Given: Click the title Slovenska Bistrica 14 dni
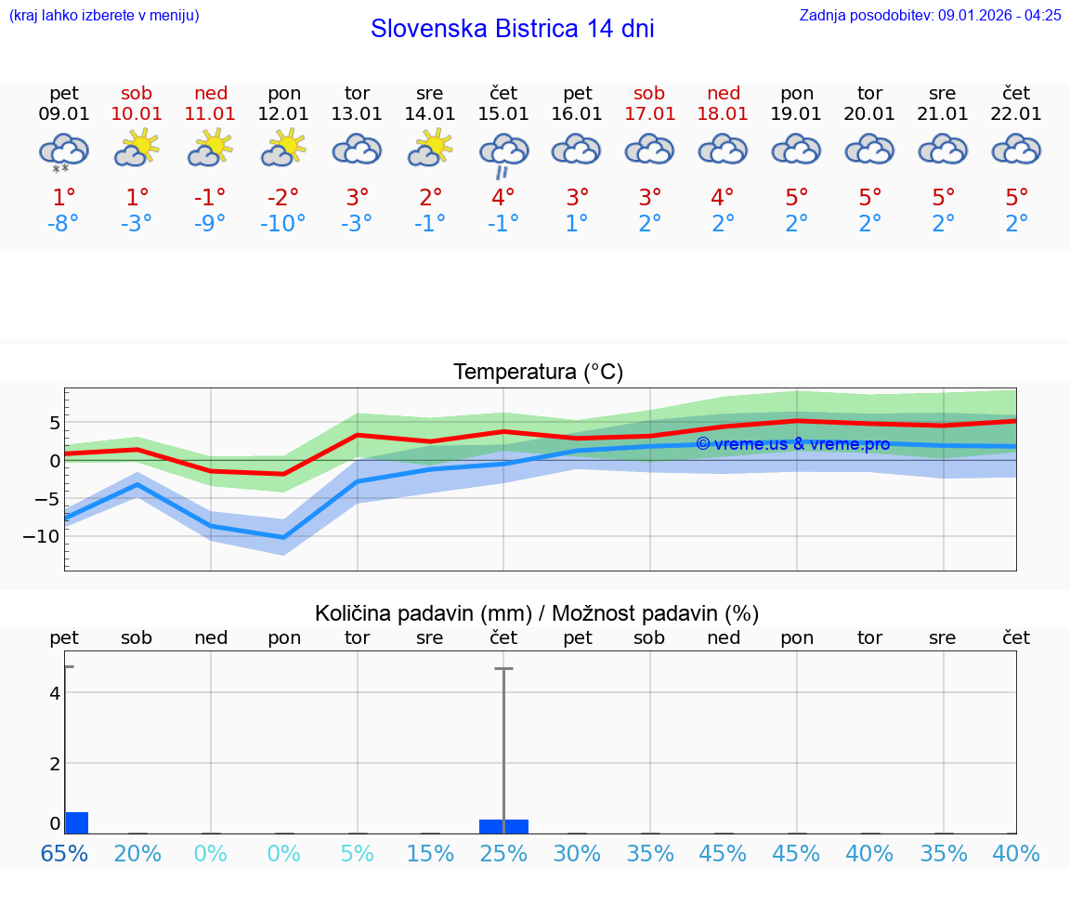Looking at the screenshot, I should click(512, 29).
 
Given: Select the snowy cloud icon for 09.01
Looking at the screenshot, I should click(63, 151).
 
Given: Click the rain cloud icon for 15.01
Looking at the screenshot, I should click(503, 153).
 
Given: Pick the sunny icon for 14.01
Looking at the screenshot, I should click(430, 149).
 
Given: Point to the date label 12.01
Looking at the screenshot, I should click(283, 114).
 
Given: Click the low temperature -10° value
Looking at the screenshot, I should click(283, 225).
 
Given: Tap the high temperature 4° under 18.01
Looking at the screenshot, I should click(723, 197).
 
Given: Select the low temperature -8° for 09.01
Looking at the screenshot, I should click(63, 225).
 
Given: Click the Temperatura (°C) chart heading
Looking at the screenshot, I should click(538, 373).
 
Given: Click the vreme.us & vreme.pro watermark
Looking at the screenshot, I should click(792, 444).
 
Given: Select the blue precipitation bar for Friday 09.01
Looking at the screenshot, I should click(76, 822).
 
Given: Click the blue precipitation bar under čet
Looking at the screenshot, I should click(503, 826).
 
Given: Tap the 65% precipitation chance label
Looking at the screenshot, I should click(63, 853).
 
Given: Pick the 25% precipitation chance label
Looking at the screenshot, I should click(503, 853).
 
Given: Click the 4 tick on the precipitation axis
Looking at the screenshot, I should click(55, 693).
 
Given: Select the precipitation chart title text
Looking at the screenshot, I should click(537, 613).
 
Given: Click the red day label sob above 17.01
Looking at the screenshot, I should click(649, 93).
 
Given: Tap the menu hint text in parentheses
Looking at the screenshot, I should click(104, 15).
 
